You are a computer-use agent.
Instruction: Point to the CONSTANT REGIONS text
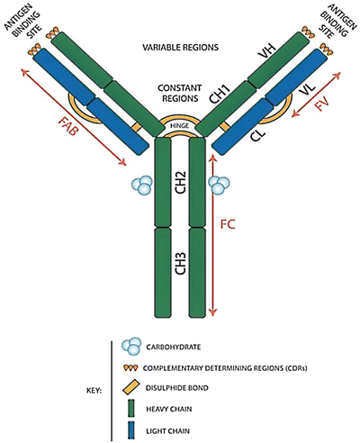[x=180, y=93]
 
